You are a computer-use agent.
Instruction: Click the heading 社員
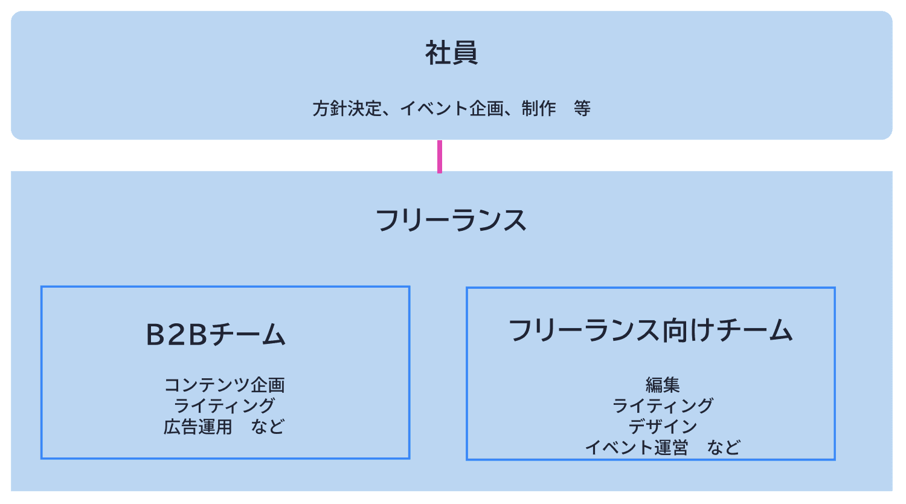pos(451,53)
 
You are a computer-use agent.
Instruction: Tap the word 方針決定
pos(347,109)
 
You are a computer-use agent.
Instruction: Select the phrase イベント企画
pos(451,109)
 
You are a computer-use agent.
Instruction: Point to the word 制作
pos(539,109)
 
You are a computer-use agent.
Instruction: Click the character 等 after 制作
pos(582,109)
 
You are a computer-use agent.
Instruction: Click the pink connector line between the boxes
pos(440,157)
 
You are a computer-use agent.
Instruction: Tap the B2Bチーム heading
pos(216,335)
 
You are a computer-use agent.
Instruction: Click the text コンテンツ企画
pos(224,385)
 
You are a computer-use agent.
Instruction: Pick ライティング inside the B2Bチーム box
pos(224,405)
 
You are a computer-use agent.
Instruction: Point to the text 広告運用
pos(198,427)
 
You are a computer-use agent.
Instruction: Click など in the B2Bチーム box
pos(268,427)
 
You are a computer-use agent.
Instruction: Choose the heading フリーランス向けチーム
pos(651,331)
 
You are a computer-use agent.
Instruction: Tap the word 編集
pos(663,385)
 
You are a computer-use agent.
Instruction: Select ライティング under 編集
pos(663,405)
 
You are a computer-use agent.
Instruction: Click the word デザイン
pos(663,427)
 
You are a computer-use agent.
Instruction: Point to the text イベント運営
pos(637,448)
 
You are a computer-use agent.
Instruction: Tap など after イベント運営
pos(724,448)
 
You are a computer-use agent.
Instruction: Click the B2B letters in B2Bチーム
pos(176,335)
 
